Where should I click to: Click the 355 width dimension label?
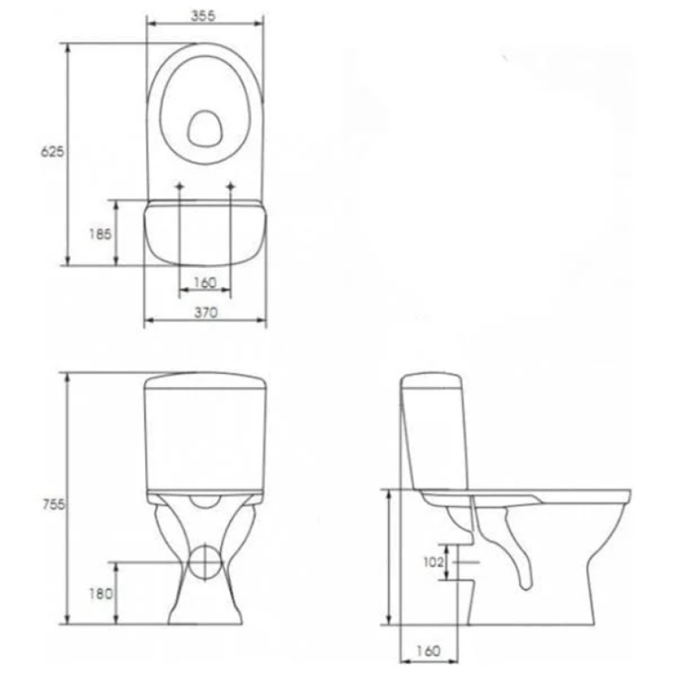click(x=203, y=16)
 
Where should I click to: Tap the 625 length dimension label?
click(x=52, y=152)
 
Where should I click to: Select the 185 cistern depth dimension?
click(x=100, y=234)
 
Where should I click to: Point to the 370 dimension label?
click(x=206, y=312)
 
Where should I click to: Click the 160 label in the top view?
click(x=205, y=282)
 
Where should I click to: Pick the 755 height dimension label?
click(x=53, y=504)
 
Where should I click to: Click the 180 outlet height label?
click(x=100, y=594)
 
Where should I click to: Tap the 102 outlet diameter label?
click(x=433, y=562)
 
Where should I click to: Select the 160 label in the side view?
click(x=428, y=651)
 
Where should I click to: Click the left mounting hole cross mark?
click(x=180, y=186)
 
